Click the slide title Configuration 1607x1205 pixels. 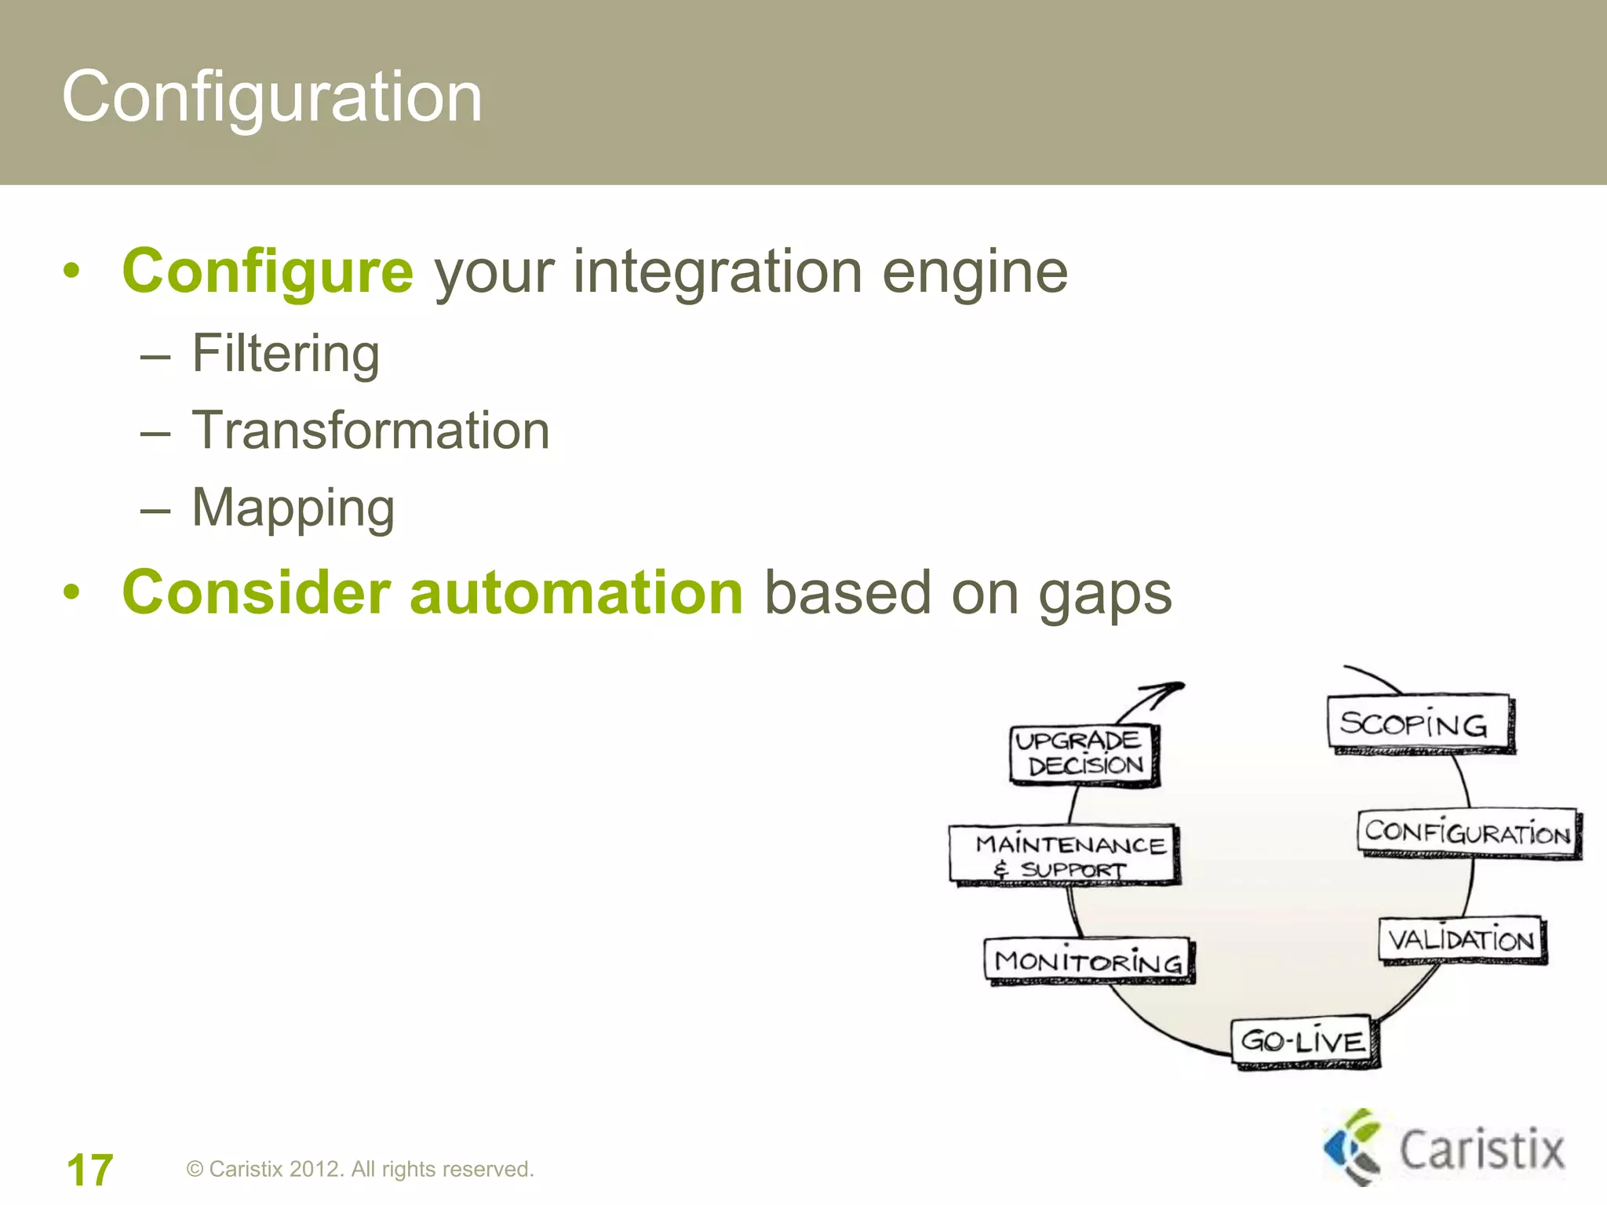(x=271, y=96)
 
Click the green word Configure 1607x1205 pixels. (x=268, y=271)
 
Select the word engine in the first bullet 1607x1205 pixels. (x=975, y=273)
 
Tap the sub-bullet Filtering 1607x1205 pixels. (x=286, y=354)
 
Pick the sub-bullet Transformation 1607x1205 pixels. (x=370, y=431)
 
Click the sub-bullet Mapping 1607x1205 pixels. (x=293, y=508)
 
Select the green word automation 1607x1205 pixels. (x=576, y=592)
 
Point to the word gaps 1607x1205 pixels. (x=1105, y=595)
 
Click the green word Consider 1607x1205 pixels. (x=256, y=592)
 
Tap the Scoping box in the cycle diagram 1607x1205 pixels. (x=1419, y=723)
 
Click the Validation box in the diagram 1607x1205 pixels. (x=1461, y=939)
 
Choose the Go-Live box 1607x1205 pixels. (x=1304, y=1041)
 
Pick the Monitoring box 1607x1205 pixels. (x=1088, y=960)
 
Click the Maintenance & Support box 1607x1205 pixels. (x=1064, y=854)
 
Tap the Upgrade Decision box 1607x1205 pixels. (x=1084, y=754)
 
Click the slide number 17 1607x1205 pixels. (x=89, y=1170)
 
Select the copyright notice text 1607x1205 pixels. (x=360, y=1169)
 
